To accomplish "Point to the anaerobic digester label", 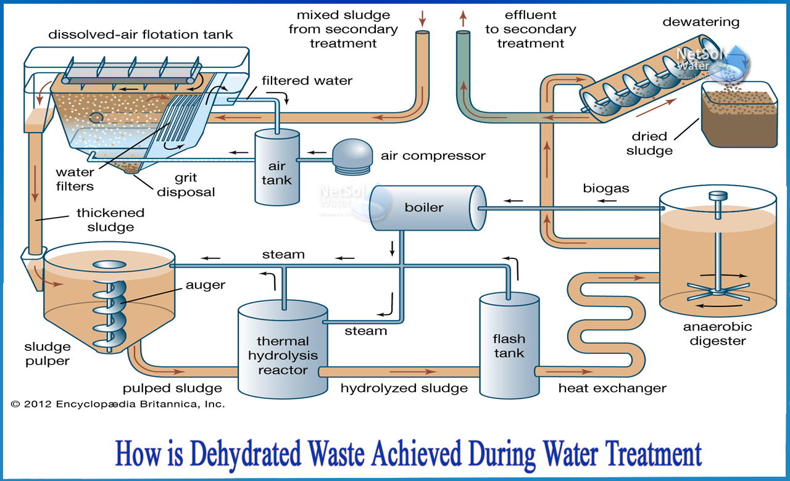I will point(718,334).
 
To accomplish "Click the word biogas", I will point(606,189).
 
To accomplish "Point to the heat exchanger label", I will point(612,388).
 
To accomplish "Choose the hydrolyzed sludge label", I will point(404,388).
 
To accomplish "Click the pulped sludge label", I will point(172,388).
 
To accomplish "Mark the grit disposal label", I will point(186,185).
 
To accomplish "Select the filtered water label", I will point(307,81).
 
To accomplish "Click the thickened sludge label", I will point(110,220).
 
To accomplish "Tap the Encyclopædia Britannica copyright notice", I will point(118,405).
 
